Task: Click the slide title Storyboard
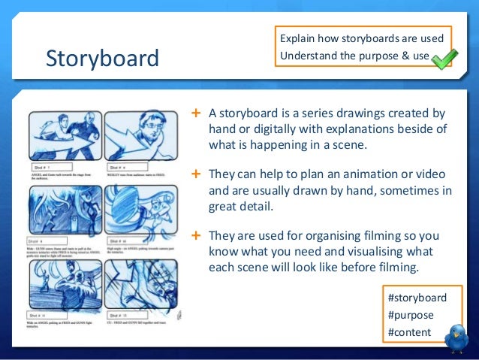pos(102,59)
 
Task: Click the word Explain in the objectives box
pos(297,38)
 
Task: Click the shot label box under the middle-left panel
pos(50,241)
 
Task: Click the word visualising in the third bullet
pos(360,252)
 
